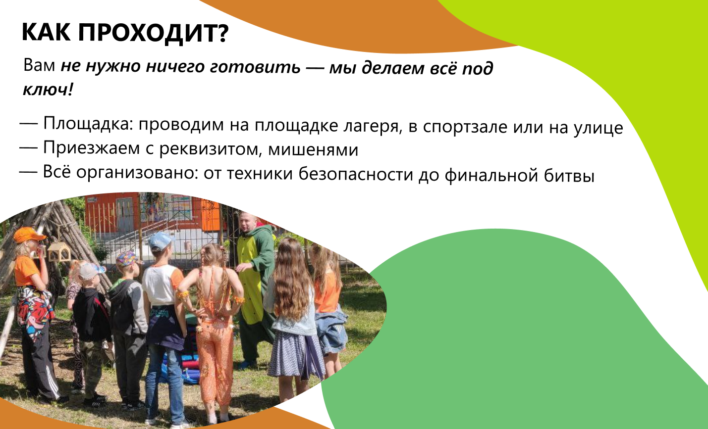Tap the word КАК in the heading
[x=46, y=32]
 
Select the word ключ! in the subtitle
[x=48, y=90]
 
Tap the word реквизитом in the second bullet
[x=209, y=149]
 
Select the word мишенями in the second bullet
[x=313, y=150]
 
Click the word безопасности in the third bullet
[x=356, y=175]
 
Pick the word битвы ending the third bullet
[x=569, y=176]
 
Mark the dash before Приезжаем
[x=28, y=148]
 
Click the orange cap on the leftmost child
[x=28, y=235]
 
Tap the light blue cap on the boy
[x=160, y=240]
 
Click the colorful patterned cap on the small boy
[x=128, y=258]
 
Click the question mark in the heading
[x=223, y=33]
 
